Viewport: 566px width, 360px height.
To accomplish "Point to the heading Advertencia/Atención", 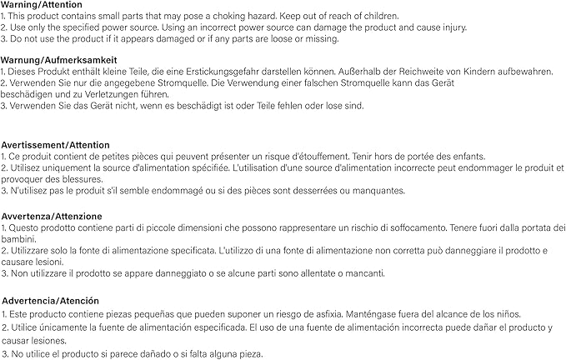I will [x=51, y=300].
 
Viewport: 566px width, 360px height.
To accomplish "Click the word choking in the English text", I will [x=248, y=17].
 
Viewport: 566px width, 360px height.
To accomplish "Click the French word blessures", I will [x=80, y=179].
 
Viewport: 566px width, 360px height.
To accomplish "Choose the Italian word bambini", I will [x=18, y=238].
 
